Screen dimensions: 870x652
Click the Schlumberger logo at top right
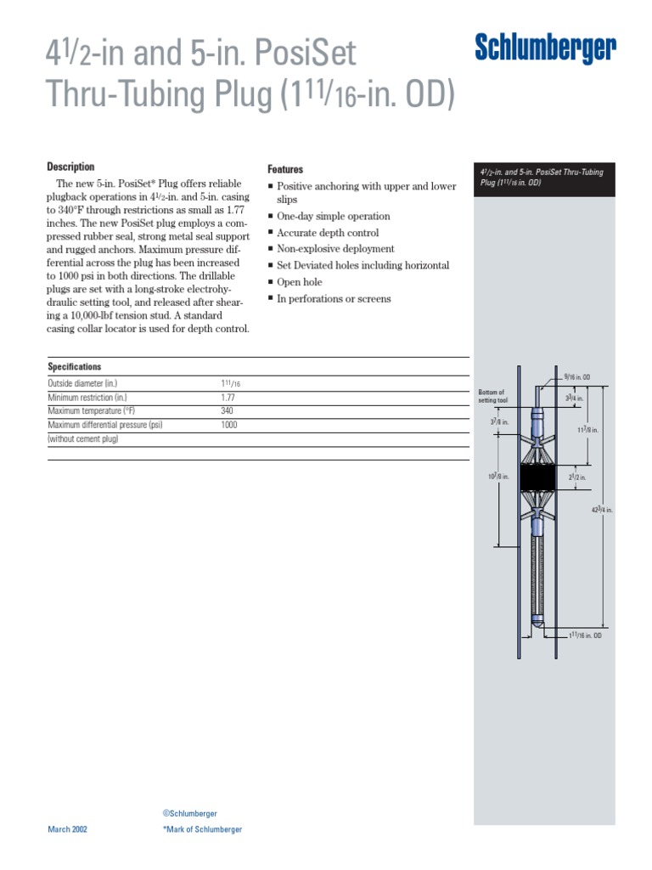[545, 50]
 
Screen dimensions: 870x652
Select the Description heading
[70, 167]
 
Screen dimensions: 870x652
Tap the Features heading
[285, 169]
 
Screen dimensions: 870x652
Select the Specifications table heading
[75, 367]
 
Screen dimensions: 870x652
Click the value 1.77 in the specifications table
[228, 398]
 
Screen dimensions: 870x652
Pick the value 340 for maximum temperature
[228, 411]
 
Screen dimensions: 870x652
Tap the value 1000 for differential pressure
[229, 425]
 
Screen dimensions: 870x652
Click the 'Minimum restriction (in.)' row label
[87, 398]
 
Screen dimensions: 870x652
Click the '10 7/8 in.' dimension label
[498, 477]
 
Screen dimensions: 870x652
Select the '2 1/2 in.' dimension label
[576, 477]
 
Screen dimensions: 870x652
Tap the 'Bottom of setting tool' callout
[492, 396]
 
